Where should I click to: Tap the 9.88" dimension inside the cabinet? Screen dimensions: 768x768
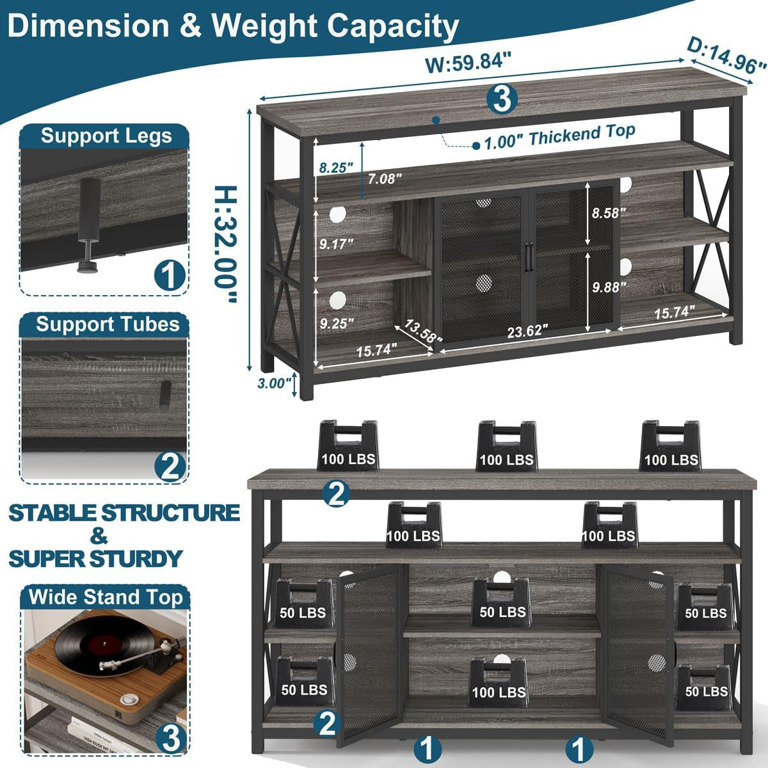605,287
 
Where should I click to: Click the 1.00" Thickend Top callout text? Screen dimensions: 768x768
559,136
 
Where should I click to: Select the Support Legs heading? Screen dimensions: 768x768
106,136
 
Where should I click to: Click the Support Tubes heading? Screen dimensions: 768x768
107,324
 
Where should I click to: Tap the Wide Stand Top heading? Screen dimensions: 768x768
106,597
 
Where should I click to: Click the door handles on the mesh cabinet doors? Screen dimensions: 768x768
528,255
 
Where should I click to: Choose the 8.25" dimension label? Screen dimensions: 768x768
335,168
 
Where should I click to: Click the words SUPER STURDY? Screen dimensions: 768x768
96,558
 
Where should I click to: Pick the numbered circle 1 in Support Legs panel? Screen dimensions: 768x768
170,276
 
